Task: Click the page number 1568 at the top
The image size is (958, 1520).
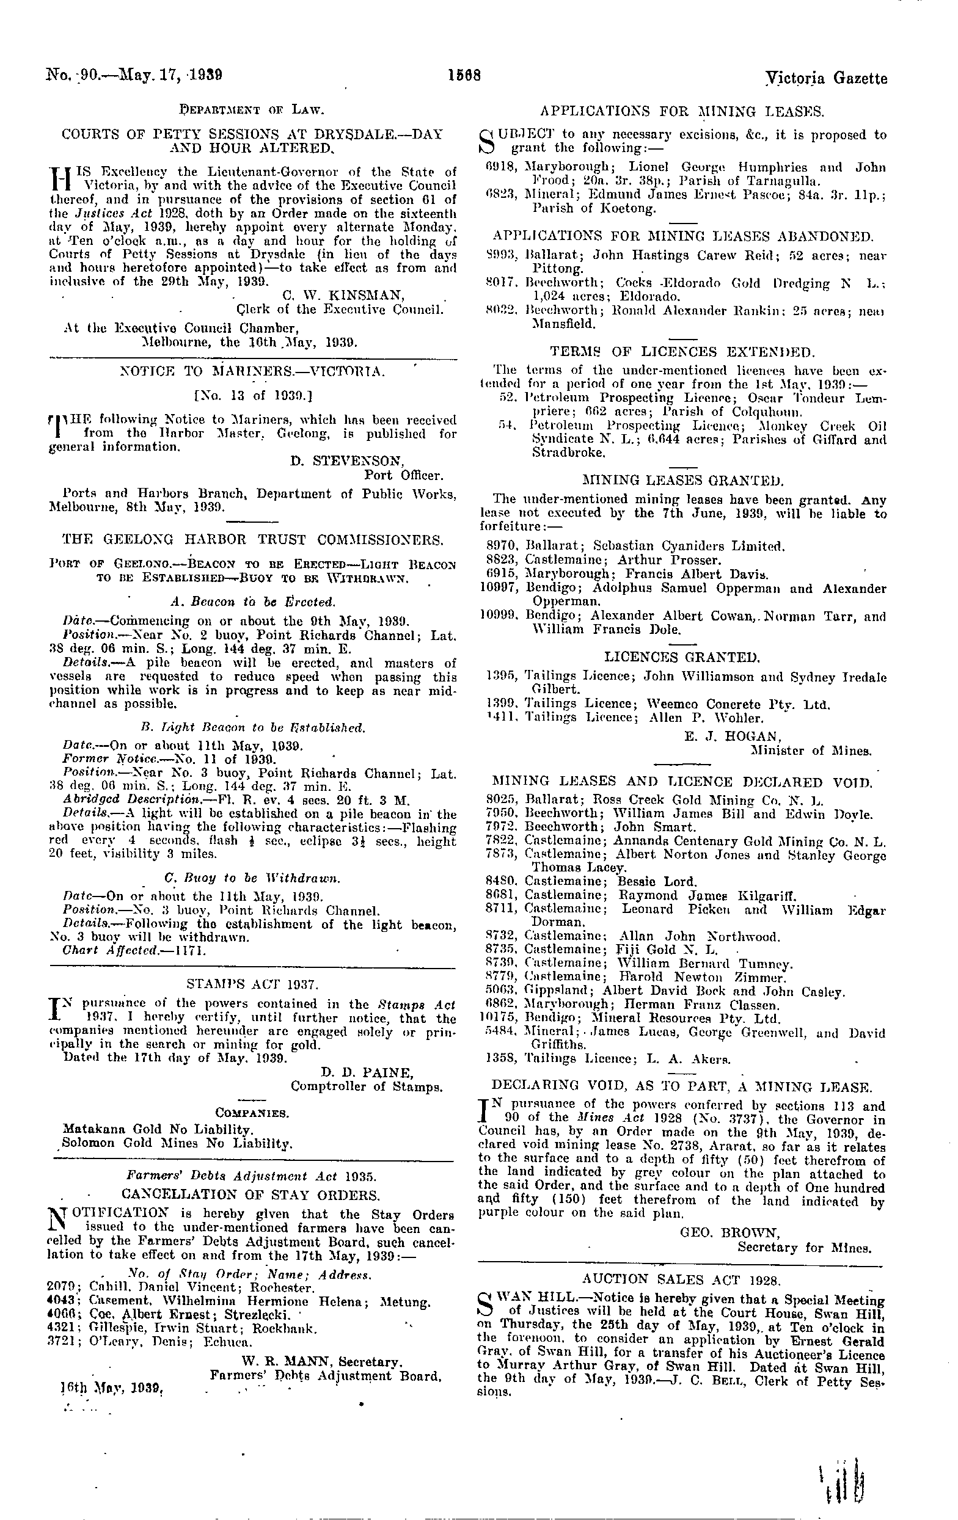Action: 465,76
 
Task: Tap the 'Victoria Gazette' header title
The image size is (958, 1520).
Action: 826,78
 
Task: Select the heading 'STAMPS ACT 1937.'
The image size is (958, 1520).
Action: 252,983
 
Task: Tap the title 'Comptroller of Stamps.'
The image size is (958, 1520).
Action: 366,1086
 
